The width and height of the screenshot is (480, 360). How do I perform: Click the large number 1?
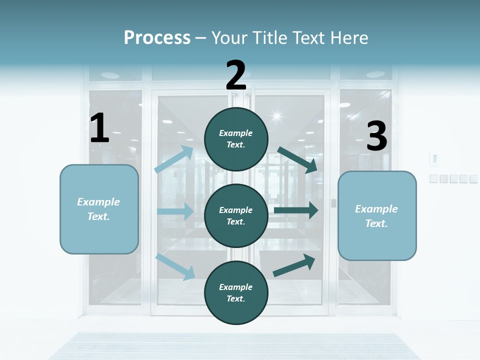[x=99, y=128]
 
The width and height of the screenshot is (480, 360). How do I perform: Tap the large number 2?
[x=236, y=75]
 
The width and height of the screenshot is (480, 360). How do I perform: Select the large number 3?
[x=376, y=136]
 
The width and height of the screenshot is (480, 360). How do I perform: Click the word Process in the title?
[x=157, y=37]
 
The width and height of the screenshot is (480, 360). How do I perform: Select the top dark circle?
[x=236, y=138]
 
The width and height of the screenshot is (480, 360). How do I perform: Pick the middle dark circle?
[x=236, y=215]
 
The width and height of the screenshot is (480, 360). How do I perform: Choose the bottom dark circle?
[x=236, y=292]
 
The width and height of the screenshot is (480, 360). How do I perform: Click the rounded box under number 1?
[x=99, y=209]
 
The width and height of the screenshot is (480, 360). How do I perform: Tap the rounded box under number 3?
[x=377, y=215]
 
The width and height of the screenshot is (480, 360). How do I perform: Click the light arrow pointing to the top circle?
[x=174, y=159]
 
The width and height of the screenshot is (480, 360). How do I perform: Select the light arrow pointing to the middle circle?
[x=175, y=211]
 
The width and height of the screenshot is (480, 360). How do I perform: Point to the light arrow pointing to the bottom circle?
[x=175, y=266]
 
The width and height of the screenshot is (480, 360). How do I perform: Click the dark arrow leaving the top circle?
[x=297, y=159]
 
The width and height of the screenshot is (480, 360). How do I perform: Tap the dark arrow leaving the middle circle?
[x=296, y=210]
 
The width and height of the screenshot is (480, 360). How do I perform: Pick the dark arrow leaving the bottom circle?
[x=294, y=265]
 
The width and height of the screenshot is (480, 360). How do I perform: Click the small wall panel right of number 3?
[x=434, y=159]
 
